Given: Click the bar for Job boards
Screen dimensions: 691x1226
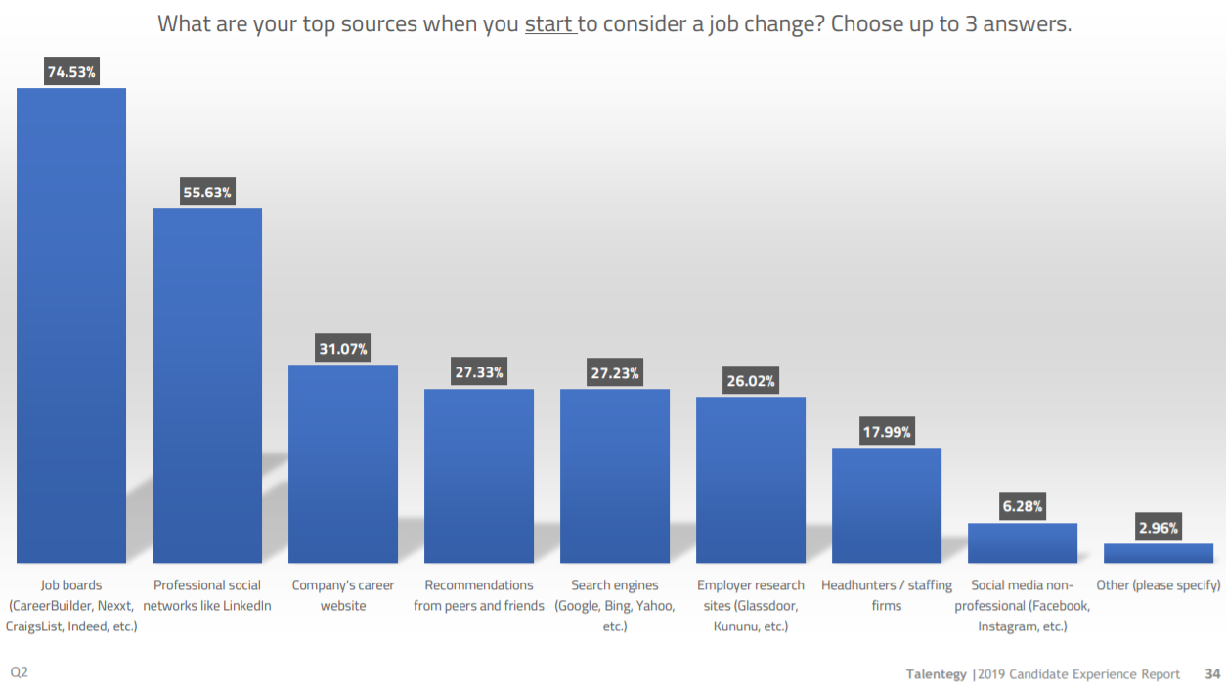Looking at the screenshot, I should (71, 325).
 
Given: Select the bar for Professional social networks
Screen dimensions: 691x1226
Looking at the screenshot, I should (207, 385).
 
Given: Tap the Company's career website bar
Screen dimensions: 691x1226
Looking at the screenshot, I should (343, 463).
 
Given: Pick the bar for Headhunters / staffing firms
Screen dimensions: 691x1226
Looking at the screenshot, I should (887, 505).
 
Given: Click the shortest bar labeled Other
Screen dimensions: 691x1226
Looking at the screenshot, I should (1159, 553).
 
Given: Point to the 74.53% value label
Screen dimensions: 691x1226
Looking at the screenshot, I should (71, 71).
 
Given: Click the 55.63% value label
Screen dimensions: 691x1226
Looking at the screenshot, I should (207, 193).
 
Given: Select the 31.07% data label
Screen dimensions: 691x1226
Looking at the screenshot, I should (343, 349).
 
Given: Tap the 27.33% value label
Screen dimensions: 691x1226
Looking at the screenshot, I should (479, 373).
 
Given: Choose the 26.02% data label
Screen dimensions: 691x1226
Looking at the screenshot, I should (751, 381).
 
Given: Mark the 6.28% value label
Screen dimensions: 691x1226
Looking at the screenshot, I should (1023, 506).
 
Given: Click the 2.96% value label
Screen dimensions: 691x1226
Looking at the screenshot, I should (1159, 528).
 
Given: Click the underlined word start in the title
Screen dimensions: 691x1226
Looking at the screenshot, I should (548, 24).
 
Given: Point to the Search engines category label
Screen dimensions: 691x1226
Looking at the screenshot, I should (615, 605).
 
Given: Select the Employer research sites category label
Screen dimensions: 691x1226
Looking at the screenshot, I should (751, 605).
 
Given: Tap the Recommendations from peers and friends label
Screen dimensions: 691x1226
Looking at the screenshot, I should (479, 595).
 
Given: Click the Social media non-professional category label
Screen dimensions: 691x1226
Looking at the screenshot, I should (1023, 605).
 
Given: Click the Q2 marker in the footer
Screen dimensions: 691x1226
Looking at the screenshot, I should (20, 673).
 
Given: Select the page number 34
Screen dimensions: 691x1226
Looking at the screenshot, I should (1212, 674).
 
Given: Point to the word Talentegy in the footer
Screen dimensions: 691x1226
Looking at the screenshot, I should (936, 674).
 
